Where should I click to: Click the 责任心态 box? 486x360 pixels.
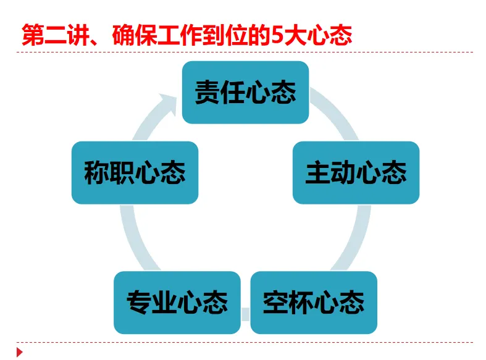click(245, 92)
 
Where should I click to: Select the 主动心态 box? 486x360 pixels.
click(356, 173)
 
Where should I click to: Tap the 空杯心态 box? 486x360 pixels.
click(314, 303)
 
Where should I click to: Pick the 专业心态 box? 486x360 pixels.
click(177, 303)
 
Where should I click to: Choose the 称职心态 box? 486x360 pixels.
click(135, 173)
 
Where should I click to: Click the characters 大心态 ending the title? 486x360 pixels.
click(314, 35)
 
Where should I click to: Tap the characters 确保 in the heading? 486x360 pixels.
click(132, 35)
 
